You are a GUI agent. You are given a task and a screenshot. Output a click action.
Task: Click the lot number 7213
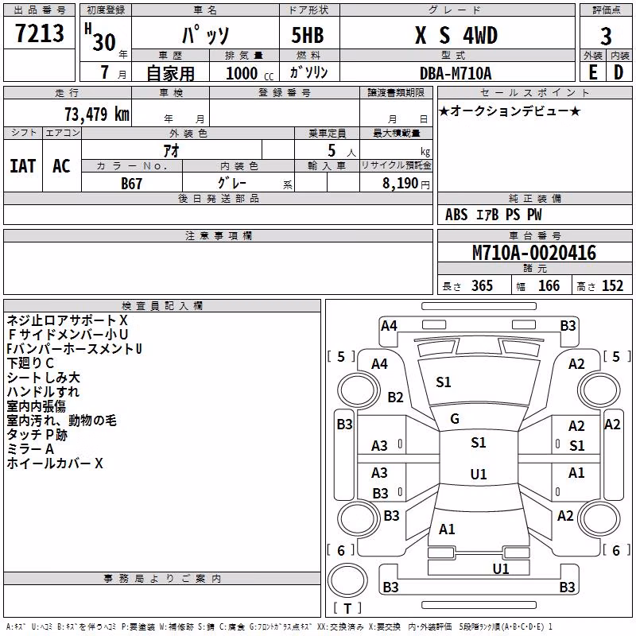point(39,33)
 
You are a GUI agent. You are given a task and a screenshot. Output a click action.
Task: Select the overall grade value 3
point(606,36)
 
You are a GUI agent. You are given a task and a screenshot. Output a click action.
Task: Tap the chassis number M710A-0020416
point(534,252)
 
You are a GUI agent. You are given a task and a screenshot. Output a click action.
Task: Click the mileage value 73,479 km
point(97,114)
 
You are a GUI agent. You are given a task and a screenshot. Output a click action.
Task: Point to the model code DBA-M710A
point(456,73)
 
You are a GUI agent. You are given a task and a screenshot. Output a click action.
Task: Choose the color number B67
point(131,184)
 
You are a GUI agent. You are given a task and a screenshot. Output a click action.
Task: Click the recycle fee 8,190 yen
point(405,183)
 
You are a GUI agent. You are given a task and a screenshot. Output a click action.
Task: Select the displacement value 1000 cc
point(250,73)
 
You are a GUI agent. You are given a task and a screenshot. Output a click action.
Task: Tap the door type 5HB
point(308,35)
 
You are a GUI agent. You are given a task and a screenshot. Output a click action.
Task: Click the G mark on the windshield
point(455,419)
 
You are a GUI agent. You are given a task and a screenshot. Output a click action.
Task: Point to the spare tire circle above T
point(347,580)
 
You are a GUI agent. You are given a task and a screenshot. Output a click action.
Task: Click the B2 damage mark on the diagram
point(395,397)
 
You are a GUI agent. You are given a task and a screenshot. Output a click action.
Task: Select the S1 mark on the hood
point(444,382)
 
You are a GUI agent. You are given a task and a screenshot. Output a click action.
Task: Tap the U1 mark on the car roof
point(479,474)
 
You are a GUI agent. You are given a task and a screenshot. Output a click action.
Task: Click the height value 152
point(612,285)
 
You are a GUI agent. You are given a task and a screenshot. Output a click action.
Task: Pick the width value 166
point(549,285)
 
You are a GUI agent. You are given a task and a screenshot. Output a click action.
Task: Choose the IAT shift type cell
point(23,166)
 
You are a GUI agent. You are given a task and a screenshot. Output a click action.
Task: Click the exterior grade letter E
point(592,72)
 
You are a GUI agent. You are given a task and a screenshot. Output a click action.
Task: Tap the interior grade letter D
point(619,72)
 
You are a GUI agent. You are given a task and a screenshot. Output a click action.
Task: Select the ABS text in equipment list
point(456,215)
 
